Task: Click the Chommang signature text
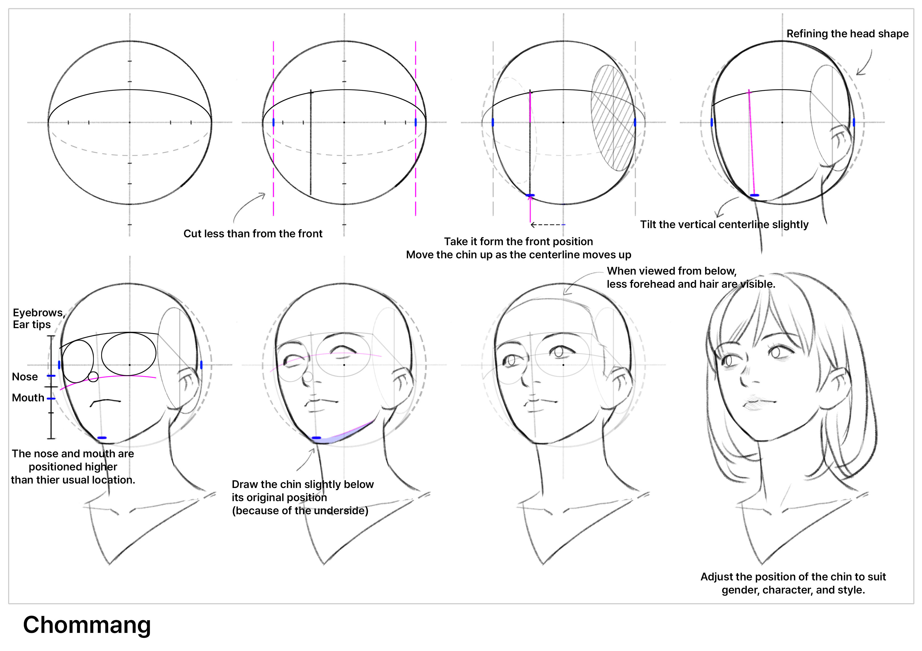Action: point(87,625)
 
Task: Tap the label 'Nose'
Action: point(25,377)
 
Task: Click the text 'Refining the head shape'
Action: point(847,34)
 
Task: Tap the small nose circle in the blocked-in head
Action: point(93,377)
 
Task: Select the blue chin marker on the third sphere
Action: point(530,195)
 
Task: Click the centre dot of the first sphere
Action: point(130,122)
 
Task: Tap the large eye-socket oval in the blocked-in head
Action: point(129,354)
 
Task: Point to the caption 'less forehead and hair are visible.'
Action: point(691,284)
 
